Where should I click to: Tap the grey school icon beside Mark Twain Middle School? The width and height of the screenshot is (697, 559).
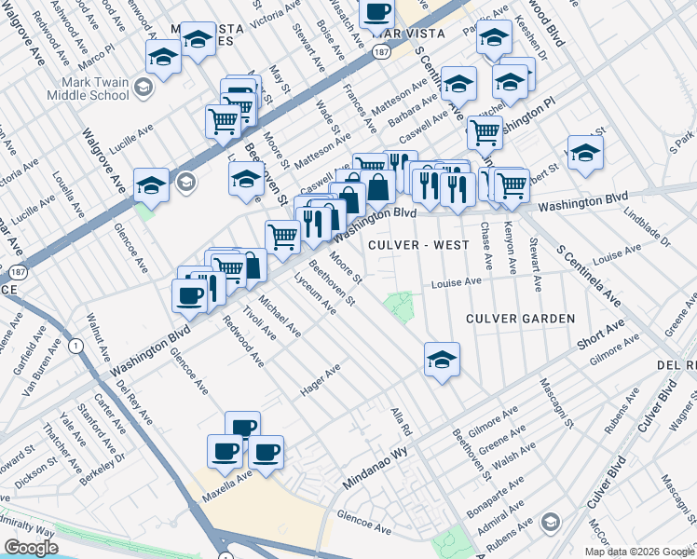point(143,89)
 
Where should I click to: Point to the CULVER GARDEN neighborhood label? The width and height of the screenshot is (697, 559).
point(521,319)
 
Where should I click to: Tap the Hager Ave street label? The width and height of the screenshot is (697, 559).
point(320,381)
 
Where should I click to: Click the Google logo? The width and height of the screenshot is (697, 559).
point(31,548)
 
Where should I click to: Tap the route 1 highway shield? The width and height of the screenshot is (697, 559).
point(75,347)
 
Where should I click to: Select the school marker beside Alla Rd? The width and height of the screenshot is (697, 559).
point(442,359)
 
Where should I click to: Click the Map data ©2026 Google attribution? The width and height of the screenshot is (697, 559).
point(638,552)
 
